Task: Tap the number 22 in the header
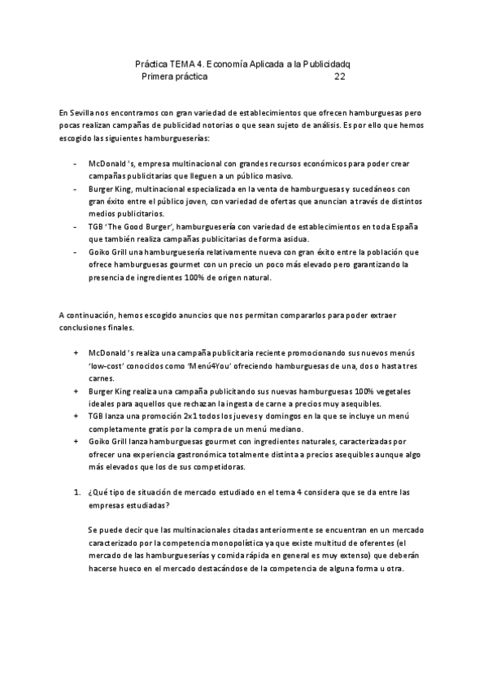pos(340,77)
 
